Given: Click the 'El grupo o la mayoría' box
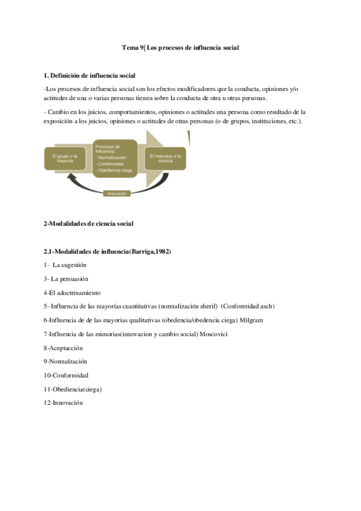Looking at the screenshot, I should coord(64,158).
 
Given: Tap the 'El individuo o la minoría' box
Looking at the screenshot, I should coord(165,158).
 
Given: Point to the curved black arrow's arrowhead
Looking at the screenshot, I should coord(71,177).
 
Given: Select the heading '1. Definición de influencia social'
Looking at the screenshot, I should coord(90,75).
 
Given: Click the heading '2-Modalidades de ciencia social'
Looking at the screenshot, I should coord(88,224).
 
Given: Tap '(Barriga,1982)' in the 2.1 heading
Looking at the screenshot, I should coord(149,251).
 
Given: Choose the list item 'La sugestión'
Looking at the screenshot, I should coord(70,265).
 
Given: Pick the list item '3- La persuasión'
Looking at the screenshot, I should coord(66,279).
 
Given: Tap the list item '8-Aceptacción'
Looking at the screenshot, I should coord(63,348).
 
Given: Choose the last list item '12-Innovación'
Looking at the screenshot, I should coord(63,403).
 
